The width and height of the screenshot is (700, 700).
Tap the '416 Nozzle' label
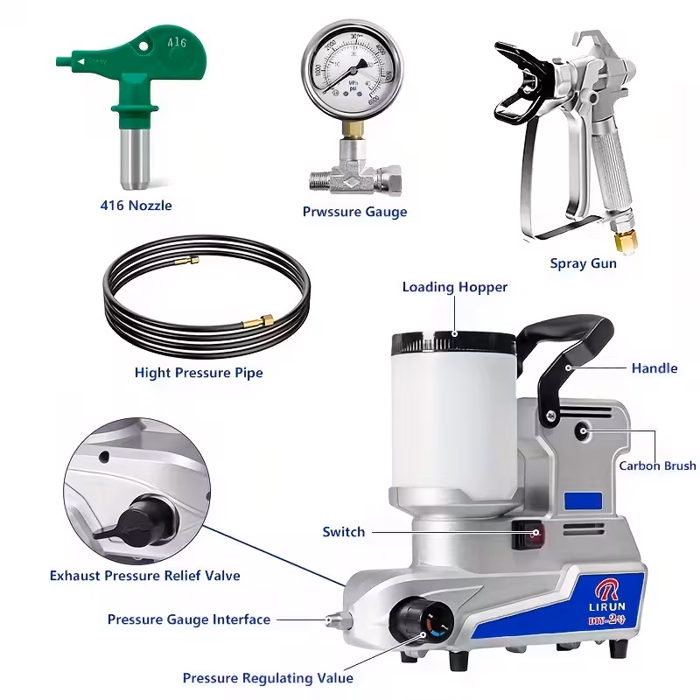tap(135, 206)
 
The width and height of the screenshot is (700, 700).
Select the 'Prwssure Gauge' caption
tap(354, 211)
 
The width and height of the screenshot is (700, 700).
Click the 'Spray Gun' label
tap(583, 262)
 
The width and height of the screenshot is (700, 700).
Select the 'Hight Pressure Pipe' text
tap(199, 373)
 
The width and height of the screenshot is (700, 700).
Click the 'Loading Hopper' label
tap(454, 287)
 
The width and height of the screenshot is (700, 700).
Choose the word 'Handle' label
tap(654, 368)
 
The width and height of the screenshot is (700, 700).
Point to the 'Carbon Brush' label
tap(657, 466)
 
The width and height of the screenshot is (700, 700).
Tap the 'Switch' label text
tap(344, 532)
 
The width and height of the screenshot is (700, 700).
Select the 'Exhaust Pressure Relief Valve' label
tap(144, 576)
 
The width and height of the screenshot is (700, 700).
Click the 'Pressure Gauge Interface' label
tap(189, 619)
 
